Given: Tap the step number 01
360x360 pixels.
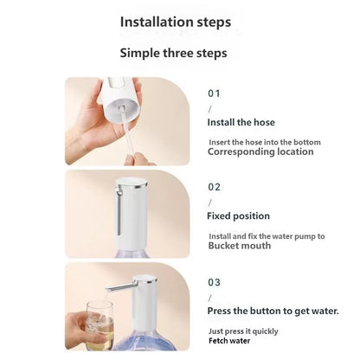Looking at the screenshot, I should point(215,92).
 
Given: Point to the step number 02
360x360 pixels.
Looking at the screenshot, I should point(215,186).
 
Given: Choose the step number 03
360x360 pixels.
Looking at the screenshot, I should point(215,282).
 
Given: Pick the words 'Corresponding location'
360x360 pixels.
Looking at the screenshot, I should point(260,151).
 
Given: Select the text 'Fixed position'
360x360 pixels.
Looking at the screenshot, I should point(238,215).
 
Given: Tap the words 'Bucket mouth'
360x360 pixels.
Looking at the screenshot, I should point(239,246).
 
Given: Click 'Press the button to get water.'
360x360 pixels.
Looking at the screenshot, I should point(273,310).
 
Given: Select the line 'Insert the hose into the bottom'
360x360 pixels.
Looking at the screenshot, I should point(263,141).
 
